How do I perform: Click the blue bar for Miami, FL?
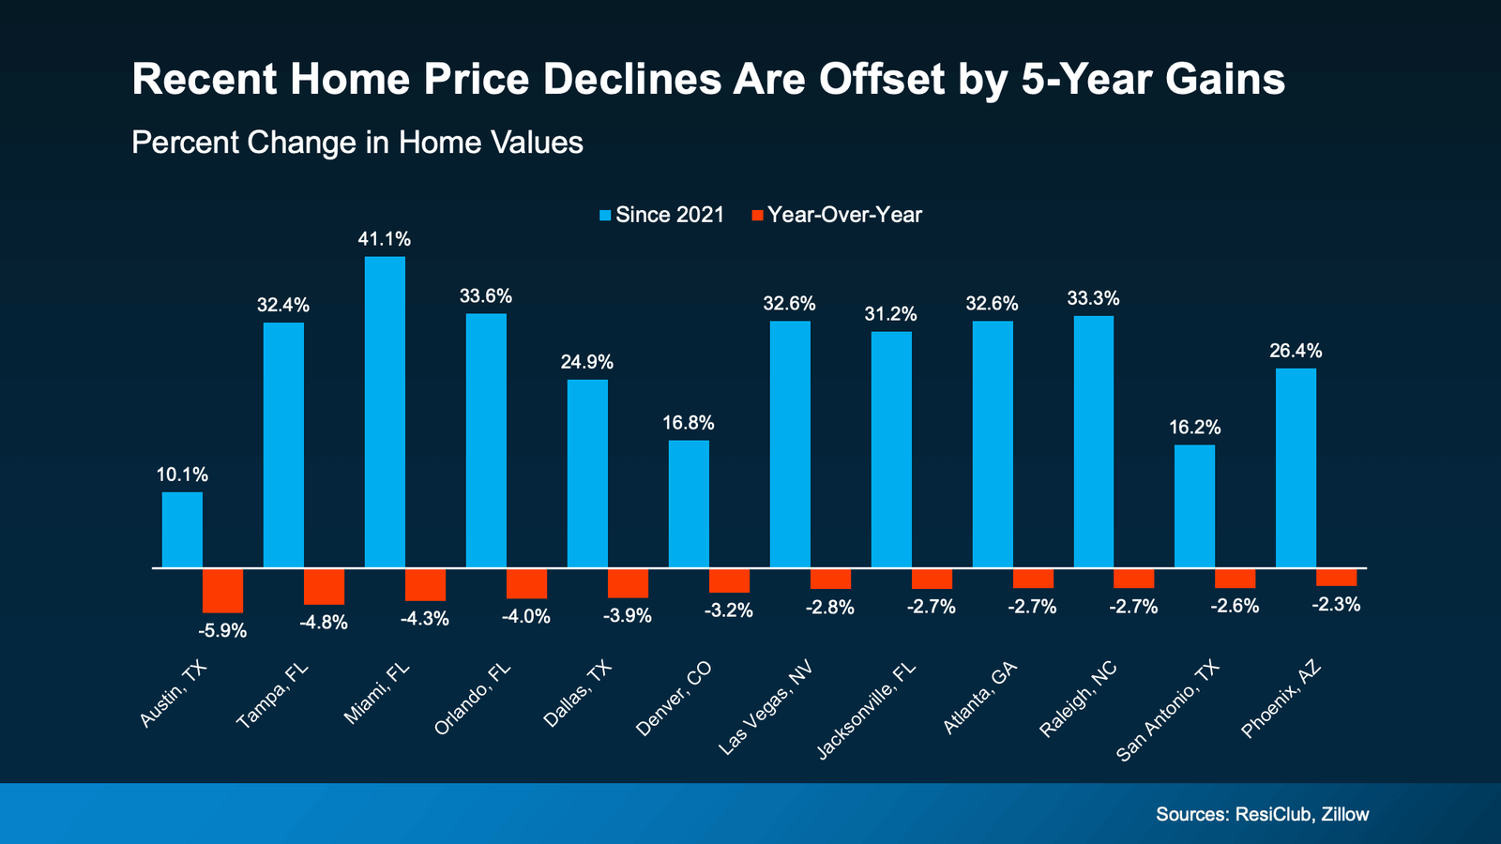[385, 413]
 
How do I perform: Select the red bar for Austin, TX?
[223, 591]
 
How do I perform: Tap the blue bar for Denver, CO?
[689, 505]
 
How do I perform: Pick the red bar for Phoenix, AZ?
[1336, 578]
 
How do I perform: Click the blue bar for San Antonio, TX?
[1194, 506]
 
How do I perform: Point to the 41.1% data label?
[384, 240]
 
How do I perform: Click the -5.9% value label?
[222, 631]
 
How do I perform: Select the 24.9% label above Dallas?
[587, 362]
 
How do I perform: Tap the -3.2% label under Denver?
[729, 611]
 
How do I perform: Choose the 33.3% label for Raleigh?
[1093, 299]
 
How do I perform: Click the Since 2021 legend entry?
[661, 215]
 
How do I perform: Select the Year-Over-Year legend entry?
[837, 215]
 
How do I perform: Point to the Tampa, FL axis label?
[272, 696]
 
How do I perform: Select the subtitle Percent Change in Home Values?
[357, 143]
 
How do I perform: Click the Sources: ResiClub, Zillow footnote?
[1262, 814]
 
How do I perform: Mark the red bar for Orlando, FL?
[526, 583]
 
